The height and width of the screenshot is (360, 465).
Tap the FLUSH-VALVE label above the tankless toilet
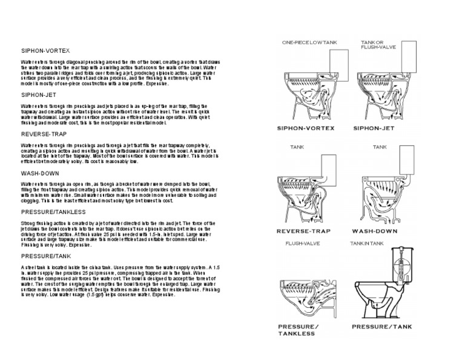298,244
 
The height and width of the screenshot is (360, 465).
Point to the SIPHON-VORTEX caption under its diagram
302,128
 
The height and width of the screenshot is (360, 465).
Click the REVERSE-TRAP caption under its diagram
302,232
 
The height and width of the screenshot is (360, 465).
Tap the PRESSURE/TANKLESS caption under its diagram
298,330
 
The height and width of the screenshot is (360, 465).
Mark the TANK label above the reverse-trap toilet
297,147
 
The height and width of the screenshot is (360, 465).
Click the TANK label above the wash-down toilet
380,147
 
